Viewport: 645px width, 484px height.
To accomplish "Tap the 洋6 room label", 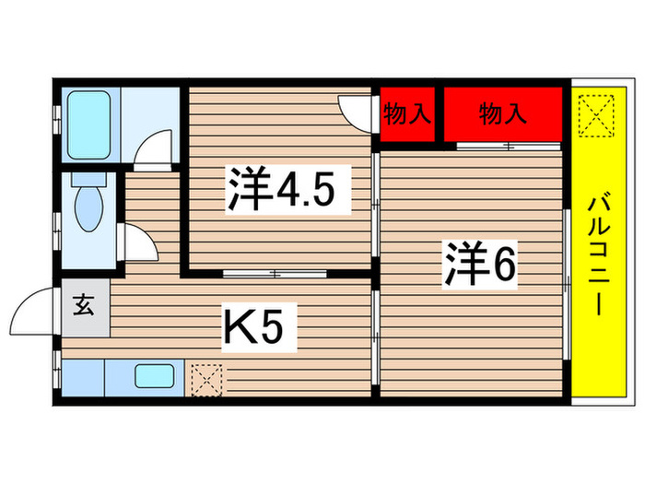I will tap(480, 264).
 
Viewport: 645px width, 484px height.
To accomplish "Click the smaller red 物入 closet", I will tap(407, 115).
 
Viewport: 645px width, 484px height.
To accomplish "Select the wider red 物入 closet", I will tap(502, 115).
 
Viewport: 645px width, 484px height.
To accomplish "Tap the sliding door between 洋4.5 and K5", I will tap(275, 273).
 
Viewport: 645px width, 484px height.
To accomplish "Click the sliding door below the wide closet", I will tap(508, 147).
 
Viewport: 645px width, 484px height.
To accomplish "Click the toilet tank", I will tap(89, 182).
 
